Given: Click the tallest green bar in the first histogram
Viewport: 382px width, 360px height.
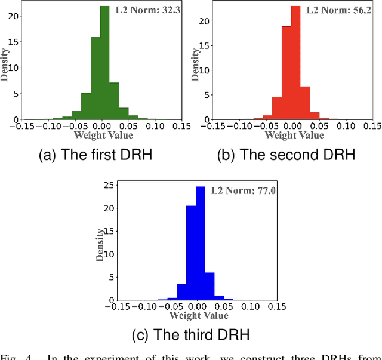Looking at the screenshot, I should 104,63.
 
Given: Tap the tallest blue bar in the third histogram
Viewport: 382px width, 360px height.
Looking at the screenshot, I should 200,242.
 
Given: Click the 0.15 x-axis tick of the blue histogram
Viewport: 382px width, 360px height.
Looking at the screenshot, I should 276,307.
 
